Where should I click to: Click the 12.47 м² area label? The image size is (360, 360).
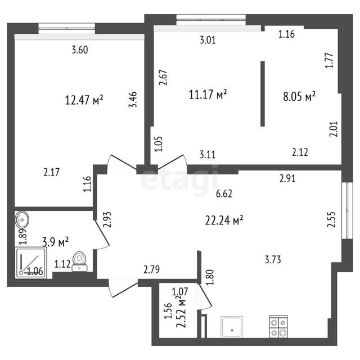tap(84, 100)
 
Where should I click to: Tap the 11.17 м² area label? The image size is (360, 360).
tap(208, 94)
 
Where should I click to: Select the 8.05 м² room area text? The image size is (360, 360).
tap(299, 96)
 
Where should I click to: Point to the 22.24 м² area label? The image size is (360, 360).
tap(224, 220)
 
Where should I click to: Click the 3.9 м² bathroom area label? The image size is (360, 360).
tap(56, 242)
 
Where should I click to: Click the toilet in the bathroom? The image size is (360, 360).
tap(79, 262)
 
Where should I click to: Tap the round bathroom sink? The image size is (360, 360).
tap(22, 219)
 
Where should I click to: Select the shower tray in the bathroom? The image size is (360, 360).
tap(31, 263)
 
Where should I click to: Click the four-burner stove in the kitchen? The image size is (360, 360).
tap(278, 327)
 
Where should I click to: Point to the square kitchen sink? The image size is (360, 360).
tap(232, 327)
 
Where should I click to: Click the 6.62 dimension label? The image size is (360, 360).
tap(224, 194)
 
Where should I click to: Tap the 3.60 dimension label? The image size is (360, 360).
tap(80, 50)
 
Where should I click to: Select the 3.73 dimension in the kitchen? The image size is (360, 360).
tap(273, 260)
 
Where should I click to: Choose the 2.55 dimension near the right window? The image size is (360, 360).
tap(331, 219)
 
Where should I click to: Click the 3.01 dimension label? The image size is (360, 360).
tap(208, 40)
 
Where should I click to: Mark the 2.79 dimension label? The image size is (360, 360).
tap(151, 269)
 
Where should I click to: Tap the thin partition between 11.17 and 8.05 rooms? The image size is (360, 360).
tap(263, 94)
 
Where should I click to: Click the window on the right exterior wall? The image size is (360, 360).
tap(348, 210)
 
